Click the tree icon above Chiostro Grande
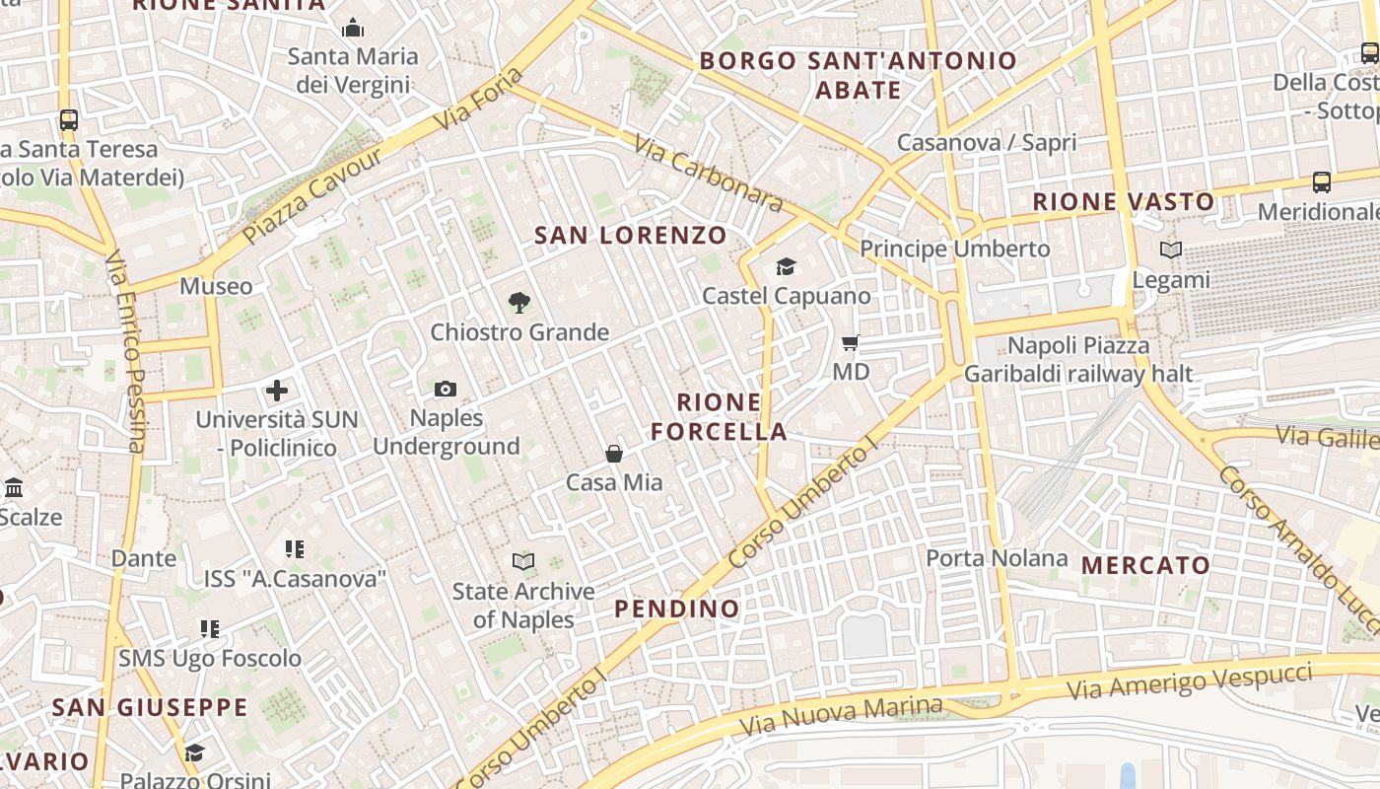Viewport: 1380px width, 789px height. pyautogui.click(x=518, y=303)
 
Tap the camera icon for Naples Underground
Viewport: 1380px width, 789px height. pyautogui.click(x=446, y=390)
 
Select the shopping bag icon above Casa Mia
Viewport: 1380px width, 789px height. pyautogui.click(x=614, y=454)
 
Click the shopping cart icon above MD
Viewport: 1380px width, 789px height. pyautogui.click(x=851, y=343)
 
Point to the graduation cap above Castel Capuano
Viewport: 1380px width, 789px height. pyautogui.click(x=786, y=267)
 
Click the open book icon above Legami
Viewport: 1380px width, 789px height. pyautogui.click(x=1171, y=251)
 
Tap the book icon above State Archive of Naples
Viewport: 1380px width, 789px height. pyautogui.click(x=523, y=562)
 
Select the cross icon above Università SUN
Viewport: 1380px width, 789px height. pyautogui.click(x=277, y=391)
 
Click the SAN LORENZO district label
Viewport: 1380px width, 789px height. pyautogui.click(x=631, y=236)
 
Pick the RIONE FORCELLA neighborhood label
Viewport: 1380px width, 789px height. pyautogui.click(x=720, y=417)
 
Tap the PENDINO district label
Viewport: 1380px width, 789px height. pyautogui.click(x=677, y=609)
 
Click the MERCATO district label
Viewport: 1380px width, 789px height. pyautogui.click(x=1146, y=566)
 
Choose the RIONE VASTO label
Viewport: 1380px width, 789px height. pyautogui.click(x=1124, y=202)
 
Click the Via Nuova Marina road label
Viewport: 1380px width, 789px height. pyautogui.click(x=841, y=716)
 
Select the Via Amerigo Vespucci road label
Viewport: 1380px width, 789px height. pyautogui.click(x=1190, y=681)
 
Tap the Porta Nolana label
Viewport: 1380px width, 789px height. pyautogui.click(x=997, y=558)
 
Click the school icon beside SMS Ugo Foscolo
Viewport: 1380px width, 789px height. pyautogui.click(x=209, y=628)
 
